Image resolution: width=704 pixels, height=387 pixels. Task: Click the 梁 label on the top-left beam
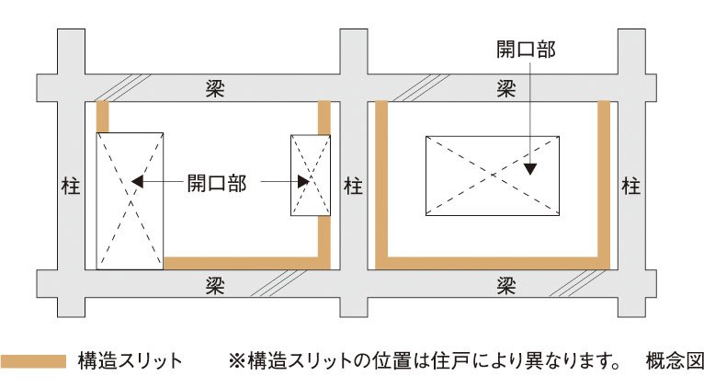pyautogui.click(x=214, y=89)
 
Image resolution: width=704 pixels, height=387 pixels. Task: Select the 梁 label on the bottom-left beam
pyautogui.click(x=214, y=283)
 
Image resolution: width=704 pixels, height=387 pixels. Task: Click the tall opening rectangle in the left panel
pyautogui.click(x=130, y=200)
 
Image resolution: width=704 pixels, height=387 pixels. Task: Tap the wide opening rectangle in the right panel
pyautogui.click(x=492, y=176)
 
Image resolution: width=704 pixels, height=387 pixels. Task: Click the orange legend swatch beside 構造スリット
pyautogui.click(x=34, y=360)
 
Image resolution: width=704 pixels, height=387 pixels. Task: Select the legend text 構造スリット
pyautogui.click(x=131, y=360)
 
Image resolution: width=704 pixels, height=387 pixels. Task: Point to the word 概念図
pyautogui.click(x=674, y=360)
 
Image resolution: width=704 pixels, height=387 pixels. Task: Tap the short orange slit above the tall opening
pyautogui.click(x=103, y=117)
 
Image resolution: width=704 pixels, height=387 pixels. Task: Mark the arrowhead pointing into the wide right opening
pyautogui.click(x=530, y=167)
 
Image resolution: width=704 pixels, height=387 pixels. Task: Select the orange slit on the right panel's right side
pyautogui.click(x=604, y=179)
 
